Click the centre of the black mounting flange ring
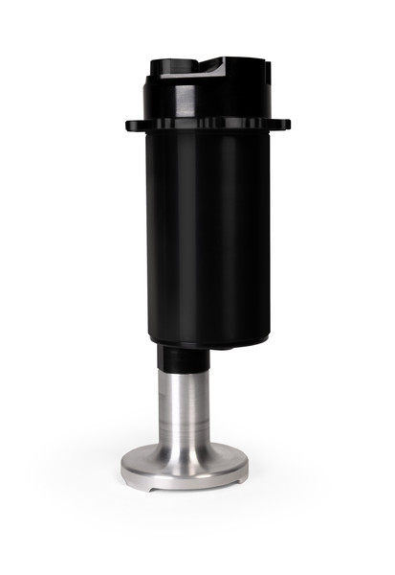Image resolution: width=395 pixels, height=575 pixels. pyautogui.click(x=207, y=124)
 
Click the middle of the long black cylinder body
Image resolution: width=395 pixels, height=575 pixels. pyautogui.click(x=207, y=235)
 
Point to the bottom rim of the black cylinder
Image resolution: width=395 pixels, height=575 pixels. pyautogui.click(x=207, y=344)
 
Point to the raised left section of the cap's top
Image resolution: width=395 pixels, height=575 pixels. pyautogui.click(x=172, y=65)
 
